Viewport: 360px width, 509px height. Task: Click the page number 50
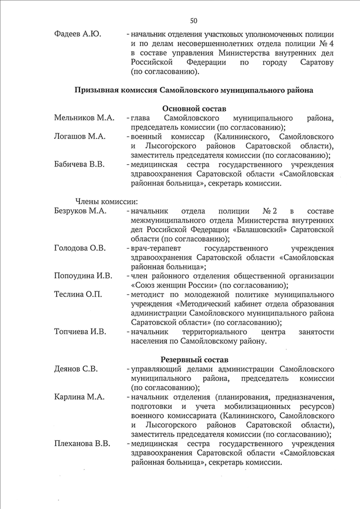193,21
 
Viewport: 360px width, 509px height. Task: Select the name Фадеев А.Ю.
78,35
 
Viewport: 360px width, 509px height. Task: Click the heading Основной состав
194,108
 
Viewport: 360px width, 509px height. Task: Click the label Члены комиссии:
107,201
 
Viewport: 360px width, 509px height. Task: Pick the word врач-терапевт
155,248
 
